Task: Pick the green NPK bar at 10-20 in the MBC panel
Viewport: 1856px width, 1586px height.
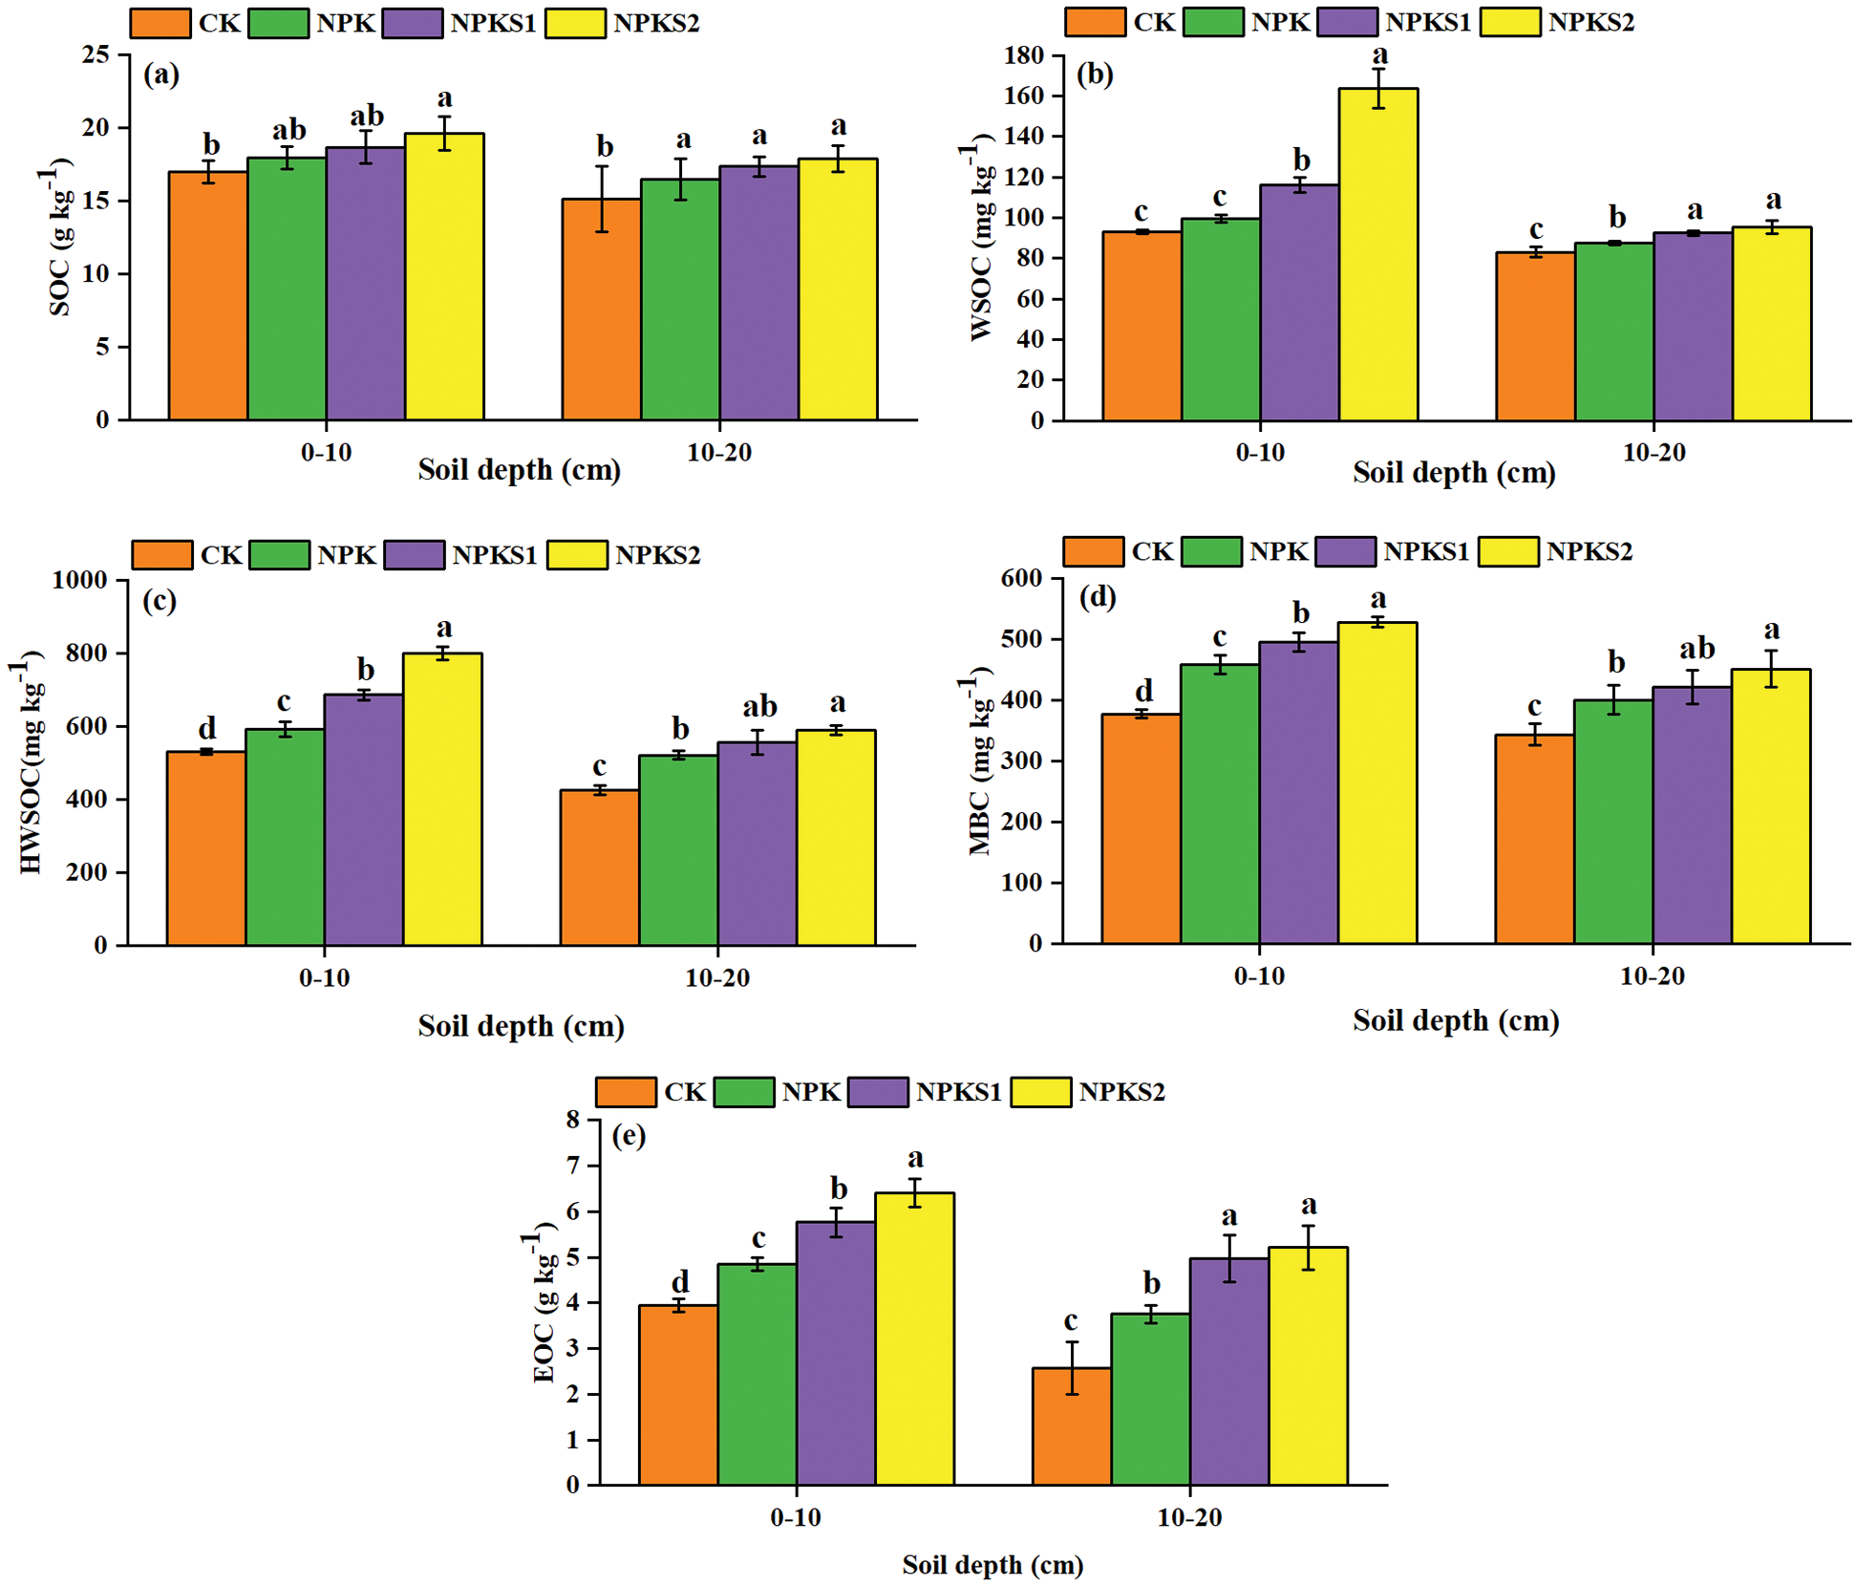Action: point(1613,822)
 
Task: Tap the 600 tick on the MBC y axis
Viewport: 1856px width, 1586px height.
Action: point(1021,578)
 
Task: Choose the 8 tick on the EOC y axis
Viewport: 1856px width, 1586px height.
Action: point(572,1120)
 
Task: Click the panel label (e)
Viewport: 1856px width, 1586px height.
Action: point(629,1135)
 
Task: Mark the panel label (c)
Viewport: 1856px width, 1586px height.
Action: point(160,600)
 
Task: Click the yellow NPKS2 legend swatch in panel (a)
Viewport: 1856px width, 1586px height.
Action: point(575,23)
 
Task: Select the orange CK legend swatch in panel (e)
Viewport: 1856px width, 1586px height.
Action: point(626,1092)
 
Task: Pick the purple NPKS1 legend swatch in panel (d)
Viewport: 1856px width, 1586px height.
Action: point(1345,551)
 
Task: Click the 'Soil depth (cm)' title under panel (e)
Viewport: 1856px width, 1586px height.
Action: point(992,1564)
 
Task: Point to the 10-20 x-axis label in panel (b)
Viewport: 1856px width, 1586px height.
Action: point(1653,452)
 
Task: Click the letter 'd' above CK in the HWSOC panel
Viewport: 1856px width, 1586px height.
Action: point(206,729)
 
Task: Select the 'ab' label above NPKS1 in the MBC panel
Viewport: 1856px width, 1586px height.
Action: point(1696,649)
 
